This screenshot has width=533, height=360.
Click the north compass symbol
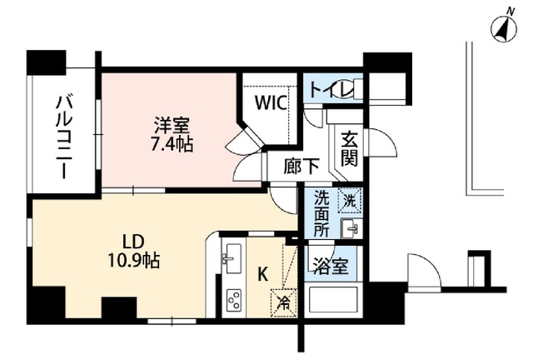[x=503, y=28]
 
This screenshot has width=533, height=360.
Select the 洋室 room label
[x=172, y=126]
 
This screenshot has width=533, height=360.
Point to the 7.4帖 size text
[x=172, y=144]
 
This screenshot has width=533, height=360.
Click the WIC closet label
[x=271, y=104]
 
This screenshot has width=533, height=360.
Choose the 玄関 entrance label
[x=347, y=147]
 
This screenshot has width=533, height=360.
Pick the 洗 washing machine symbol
[x=350, y=200]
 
